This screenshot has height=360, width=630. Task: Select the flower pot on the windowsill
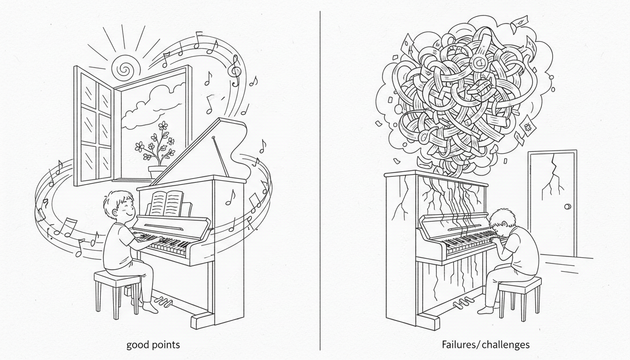[x=157, y=172]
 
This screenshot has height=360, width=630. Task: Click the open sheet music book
[x=167, y=203]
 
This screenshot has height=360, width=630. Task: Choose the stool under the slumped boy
[x=520, y=298]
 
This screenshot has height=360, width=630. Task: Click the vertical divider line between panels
[x=320, y=180]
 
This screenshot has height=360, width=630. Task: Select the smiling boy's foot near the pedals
[x=150, y=307]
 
